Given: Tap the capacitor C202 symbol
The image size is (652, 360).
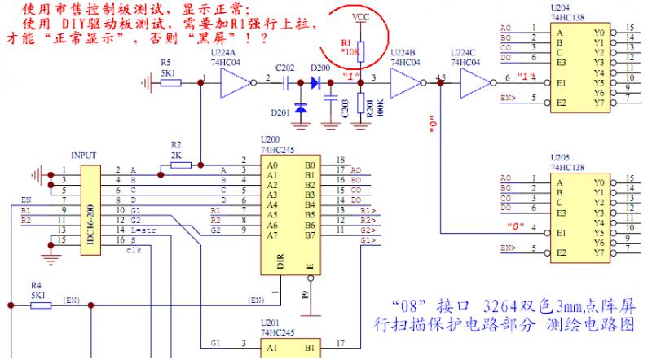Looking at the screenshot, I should click(285, 81).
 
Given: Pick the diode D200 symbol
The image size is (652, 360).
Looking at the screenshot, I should click(315, 81).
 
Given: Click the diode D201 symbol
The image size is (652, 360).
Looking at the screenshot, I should click(301, 109).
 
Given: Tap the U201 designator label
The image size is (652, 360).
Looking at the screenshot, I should click(270, 323).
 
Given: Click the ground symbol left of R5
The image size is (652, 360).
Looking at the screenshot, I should click(146, 81).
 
